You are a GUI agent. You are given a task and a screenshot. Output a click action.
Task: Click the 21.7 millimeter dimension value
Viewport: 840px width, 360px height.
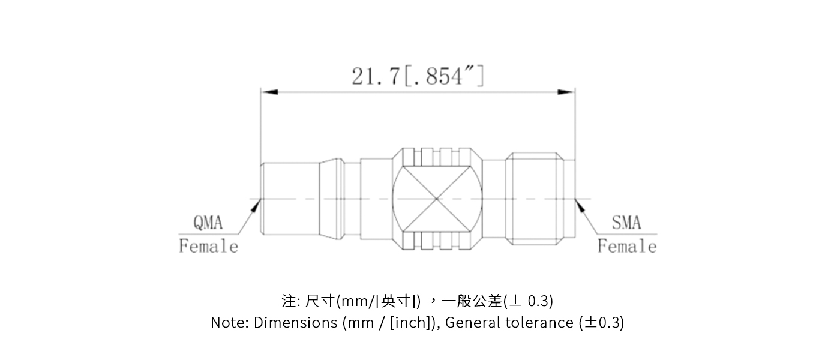[374, 76]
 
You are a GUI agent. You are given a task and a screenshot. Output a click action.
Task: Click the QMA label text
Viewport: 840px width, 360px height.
[208, 223]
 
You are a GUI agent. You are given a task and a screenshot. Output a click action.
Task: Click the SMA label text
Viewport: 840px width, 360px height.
[626, 223]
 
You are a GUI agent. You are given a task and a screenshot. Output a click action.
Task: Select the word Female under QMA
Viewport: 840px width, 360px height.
[208, 247]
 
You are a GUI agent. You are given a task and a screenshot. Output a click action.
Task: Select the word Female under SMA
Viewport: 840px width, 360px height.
[627, 247]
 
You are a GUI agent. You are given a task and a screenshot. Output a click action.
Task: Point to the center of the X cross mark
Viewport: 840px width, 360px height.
[437, 199]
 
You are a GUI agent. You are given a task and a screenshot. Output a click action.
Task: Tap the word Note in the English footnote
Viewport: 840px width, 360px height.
[223, 323]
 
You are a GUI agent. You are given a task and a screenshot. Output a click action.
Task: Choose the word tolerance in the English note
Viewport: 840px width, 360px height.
[538, 323]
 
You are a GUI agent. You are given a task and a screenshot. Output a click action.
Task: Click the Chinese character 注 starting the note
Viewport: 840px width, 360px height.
[289, 300]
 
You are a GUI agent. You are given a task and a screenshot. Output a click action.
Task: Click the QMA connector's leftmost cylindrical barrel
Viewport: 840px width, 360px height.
[289, 199]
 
